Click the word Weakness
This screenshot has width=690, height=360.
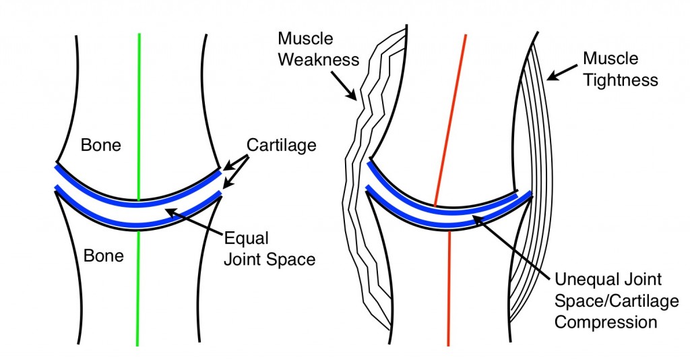pyautogui.click(x=319, y=59)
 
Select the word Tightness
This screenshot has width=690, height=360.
pyautogui.click(x=621, y=80)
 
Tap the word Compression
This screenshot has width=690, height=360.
pyautogui.click(x=604, y=322)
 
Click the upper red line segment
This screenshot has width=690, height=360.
pyautogui.click(x=452, y=115)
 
